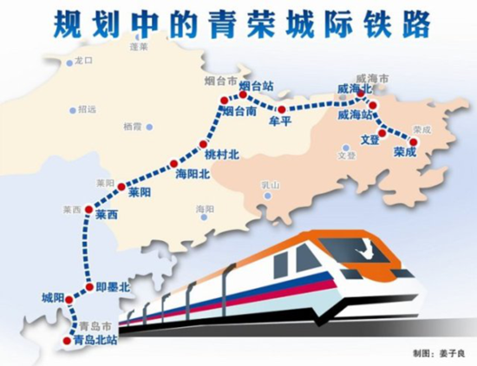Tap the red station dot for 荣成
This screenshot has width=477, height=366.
pyautogui.click(x=413, y=141)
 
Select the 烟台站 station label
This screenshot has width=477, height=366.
pyautogui.click(x=257, y=86)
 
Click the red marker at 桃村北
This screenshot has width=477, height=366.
pyautogui.click(x=203, y=144)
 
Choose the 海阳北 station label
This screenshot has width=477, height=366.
pyautogui.click(x=192, y=174)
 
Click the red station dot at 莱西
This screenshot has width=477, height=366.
pyautogui.click(x=88, y=210)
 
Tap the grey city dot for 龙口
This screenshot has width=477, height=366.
pyautogui.click(x=69, y=63)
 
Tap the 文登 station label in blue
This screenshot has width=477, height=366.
pyautogui.click(x=369, y=139)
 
